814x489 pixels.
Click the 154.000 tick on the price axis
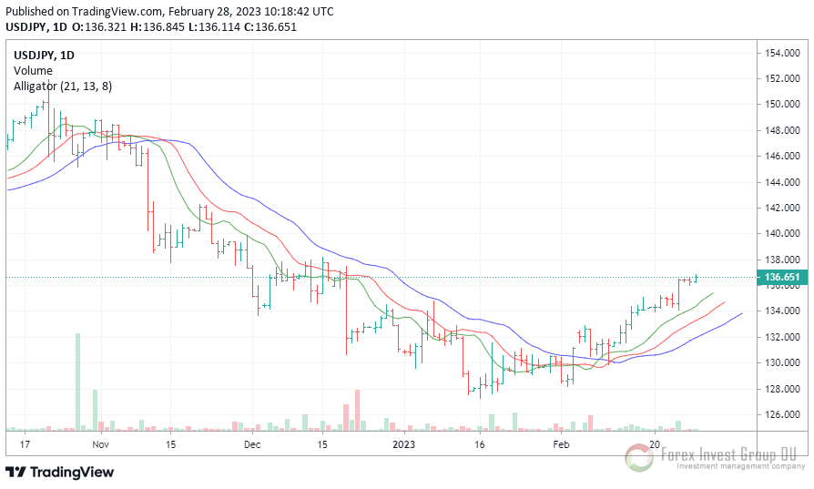(781, 53)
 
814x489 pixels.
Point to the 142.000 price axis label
(781, 208)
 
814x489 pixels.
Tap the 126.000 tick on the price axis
(781, 414)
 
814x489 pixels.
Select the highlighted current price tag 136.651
(782, 277)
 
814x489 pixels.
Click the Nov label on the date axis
(100, 444)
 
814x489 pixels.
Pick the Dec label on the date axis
(252, 444)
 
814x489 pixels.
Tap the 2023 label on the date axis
(403, 444)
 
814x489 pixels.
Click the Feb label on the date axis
(561, 444)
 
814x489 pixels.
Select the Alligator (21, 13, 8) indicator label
(63, 86)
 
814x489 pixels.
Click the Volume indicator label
(33, 70)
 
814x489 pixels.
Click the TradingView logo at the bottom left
(60, 472)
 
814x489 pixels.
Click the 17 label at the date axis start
(25, 444)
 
